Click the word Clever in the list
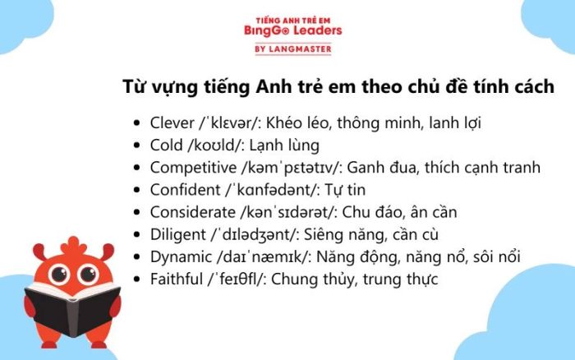[172, 123]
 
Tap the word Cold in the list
[166, 145]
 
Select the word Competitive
[193, 168]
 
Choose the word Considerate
[192, 213]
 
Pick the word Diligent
[178, 235]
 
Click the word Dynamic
[181, 257]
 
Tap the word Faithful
[177, 279]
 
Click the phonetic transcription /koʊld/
[215, 145]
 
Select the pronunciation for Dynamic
[264, 257]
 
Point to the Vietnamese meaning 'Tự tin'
[345, 191]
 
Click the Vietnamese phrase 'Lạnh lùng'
[284, 146]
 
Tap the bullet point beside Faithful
[137, 279]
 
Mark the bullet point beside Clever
[137, 123]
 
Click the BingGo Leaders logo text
[293, 30]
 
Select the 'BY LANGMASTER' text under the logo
[293, 48]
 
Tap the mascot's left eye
[59, 274]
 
